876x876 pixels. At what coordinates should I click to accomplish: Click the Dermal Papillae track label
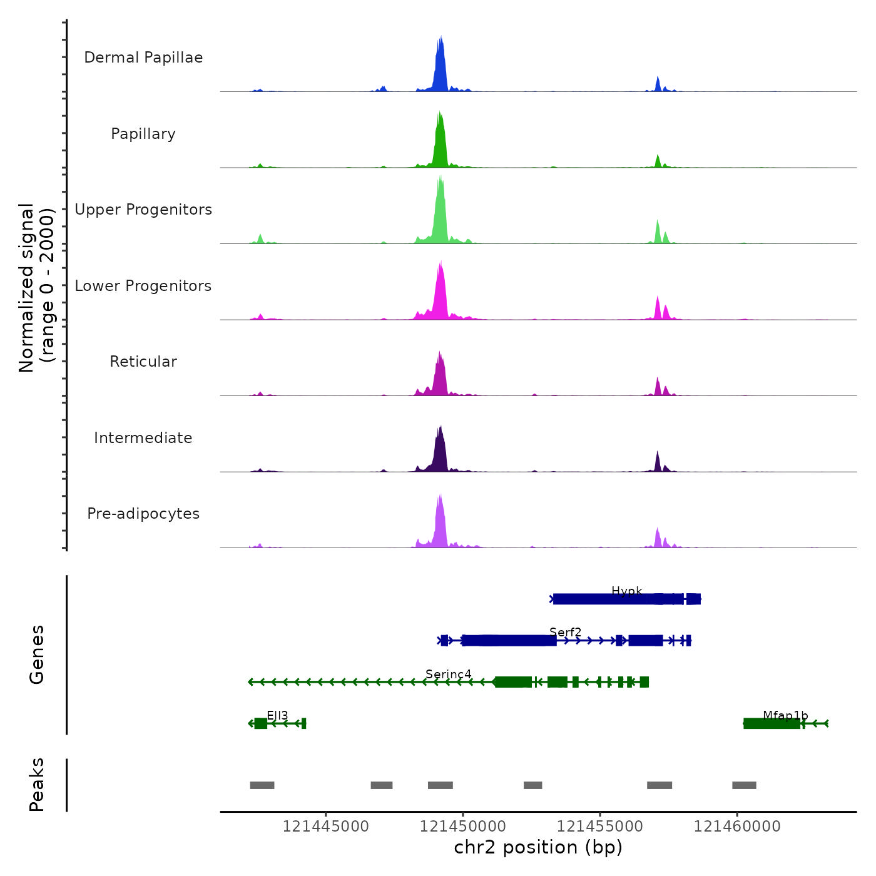point(143,58)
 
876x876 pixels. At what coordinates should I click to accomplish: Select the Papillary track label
point(143,134)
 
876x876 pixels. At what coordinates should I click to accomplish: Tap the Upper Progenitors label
point(143,210)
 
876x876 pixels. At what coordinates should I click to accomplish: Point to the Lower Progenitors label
point(143,286)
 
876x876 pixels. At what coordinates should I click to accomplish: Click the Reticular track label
point(143,362)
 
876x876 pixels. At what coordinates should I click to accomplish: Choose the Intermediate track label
point(143,438)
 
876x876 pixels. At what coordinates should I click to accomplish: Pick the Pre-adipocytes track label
point(143,514)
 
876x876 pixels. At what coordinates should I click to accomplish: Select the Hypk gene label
point(626,591)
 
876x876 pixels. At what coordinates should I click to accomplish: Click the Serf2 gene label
point(565,633)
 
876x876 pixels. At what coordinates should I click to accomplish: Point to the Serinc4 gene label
point(448,675)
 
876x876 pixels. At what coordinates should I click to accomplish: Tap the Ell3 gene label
point(277,716)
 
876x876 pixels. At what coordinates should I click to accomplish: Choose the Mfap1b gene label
point(785,716)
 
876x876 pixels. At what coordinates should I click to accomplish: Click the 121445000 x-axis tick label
point(326,827)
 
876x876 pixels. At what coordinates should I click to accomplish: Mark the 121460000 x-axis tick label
point(737,827)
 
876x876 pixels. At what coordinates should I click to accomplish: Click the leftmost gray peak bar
point(262,785)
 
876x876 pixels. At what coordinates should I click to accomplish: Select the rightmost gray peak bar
point(744,785)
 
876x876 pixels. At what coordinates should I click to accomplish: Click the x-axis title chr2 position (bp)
point(538,848)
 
